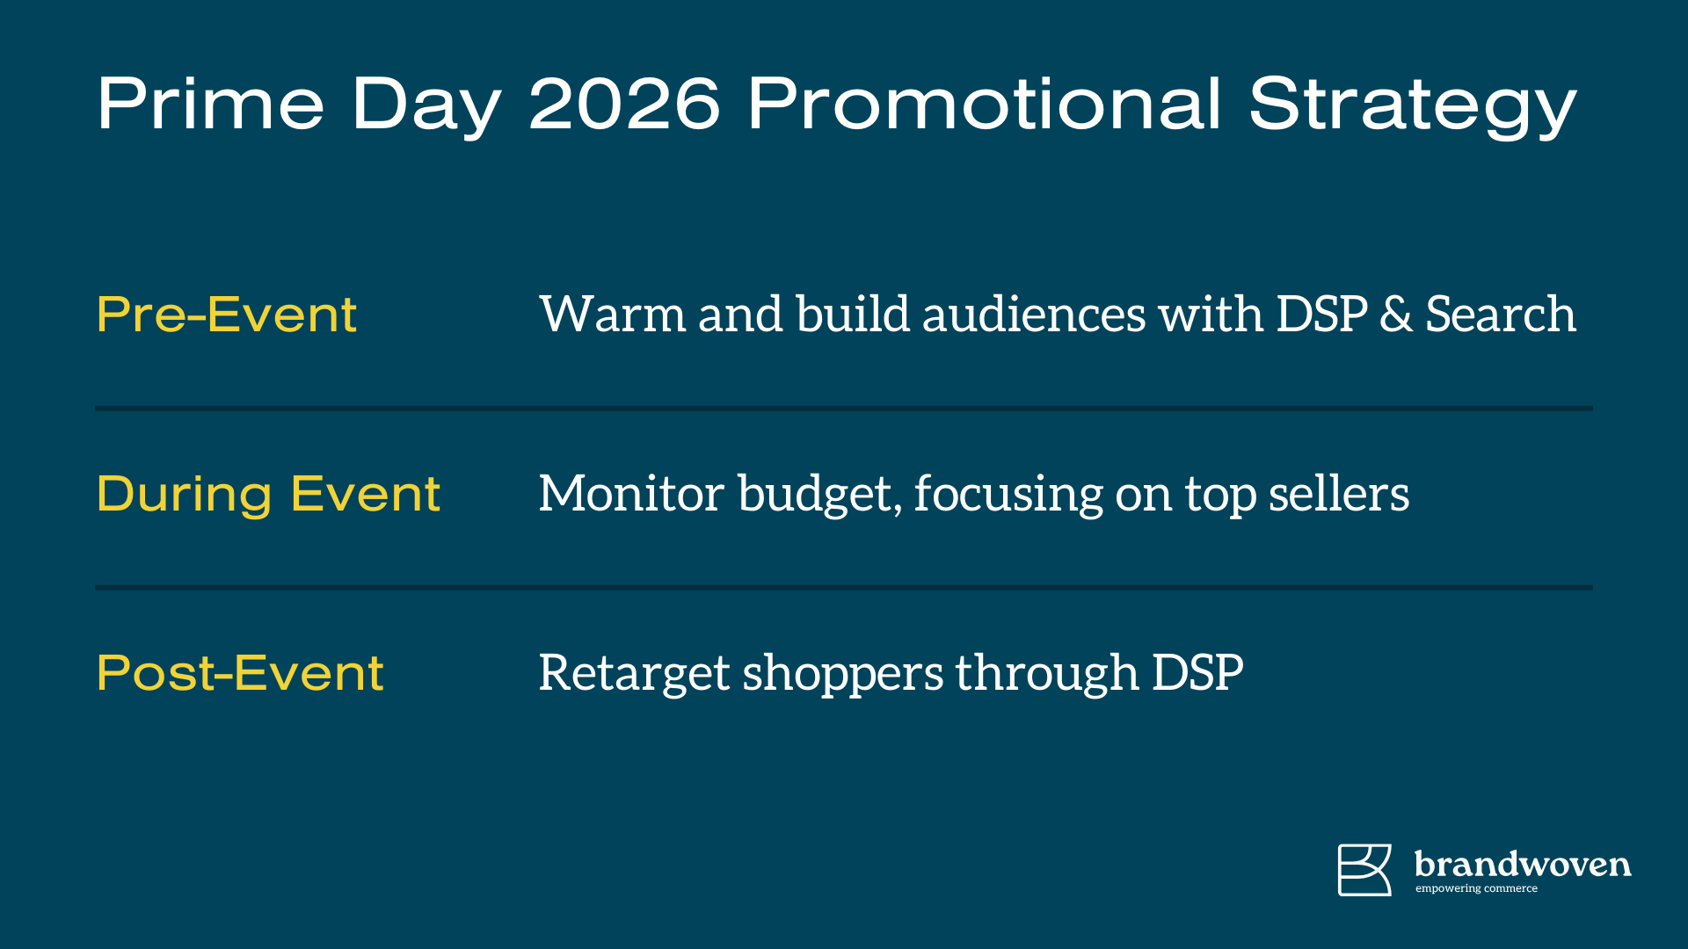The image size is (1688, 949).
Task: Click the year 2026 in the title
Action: tap(624, 104)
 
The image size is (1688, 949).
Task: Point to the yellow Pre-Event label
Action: tap(227, 315)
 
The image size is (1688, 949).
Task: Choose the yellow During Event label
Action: tap(268, 494)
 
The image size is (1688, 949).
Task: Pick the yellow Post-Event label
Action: tap(240, 673)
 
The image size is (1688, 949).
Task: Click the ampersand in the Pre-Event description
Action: tap(1395, 315)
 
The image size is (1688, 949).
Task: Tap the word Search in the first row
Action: tap(1500, 315)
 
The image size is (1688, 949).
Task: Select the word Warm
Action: tap(612, 315)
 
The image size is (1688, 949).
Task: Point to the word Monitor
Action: tap(631, 494)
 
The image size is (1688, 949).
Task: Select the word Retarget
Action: tap(634, 674)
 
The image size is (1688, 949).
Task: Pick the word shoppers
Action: tap(843, 674)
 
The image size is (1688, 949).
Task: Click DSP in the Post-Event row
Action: tap(1197, 673)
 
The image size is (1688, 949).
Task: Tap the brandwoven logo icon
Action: tap(1364, 870)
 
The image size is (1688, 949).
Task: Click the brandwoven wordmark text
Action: tap(1523, 865)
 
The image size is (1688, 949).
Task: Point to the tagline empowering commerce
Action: tap(1476, 889)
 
